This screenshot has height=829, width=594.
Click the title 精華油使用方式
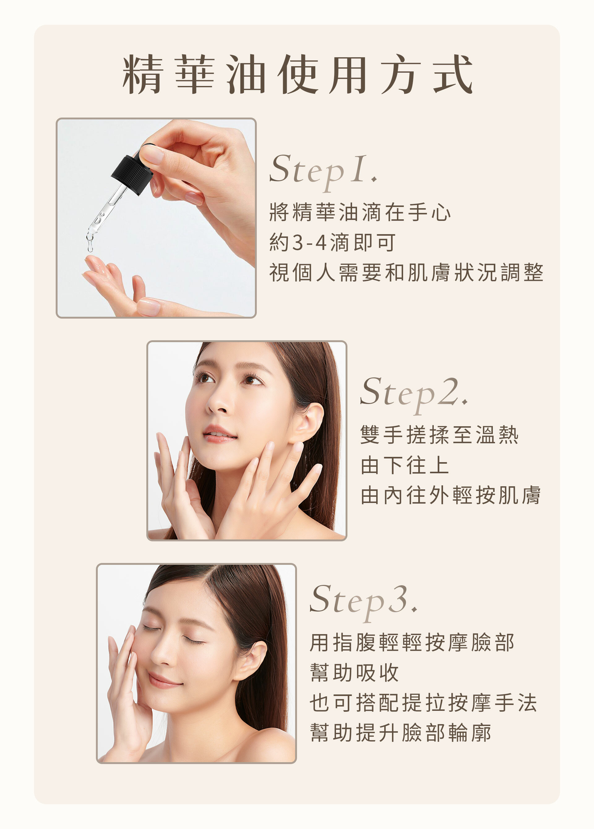pos(297,74)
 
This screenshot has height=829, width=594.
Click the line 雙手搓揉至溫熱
pos(439,435)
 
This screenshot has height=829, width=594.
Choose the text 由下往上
pos(404,465)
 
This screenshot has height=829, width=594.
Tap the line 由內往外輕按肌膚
pos(450,495)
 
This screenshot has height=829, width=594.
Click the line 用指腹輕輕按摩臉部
pos(412,642)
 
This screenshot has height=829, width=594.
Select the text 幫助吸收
pos(354,672)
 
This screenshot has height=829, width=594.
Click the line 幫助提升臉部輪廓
pos(400,733)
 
